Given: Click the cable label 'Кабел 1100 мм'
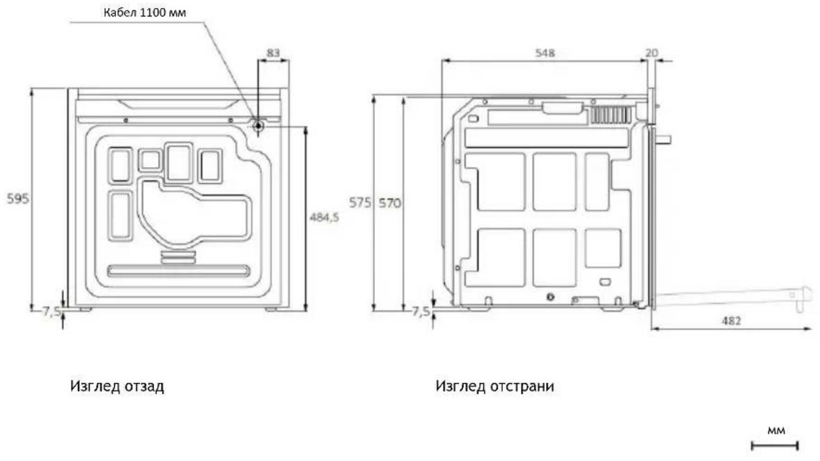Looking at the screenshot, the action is [145, 12].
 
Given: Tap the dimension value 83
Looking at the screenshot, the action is [273, 53].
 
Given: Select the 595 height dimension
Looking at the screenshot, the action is [18, 198].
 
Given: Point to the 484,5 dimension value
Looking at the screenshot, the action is [324, 217].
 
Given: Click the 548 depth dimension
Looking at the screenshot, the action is [545, 53].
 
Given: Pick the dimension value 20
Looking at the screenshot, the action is [652, 53].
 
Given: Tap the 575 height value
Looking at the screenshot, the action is [360, 202].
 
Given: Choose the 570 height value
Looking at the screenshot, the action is [390, 202].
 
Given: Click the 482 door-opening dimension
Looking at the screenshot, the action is [731, 320].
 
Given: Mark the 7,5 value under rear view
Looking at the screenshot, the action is [51, 312].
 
